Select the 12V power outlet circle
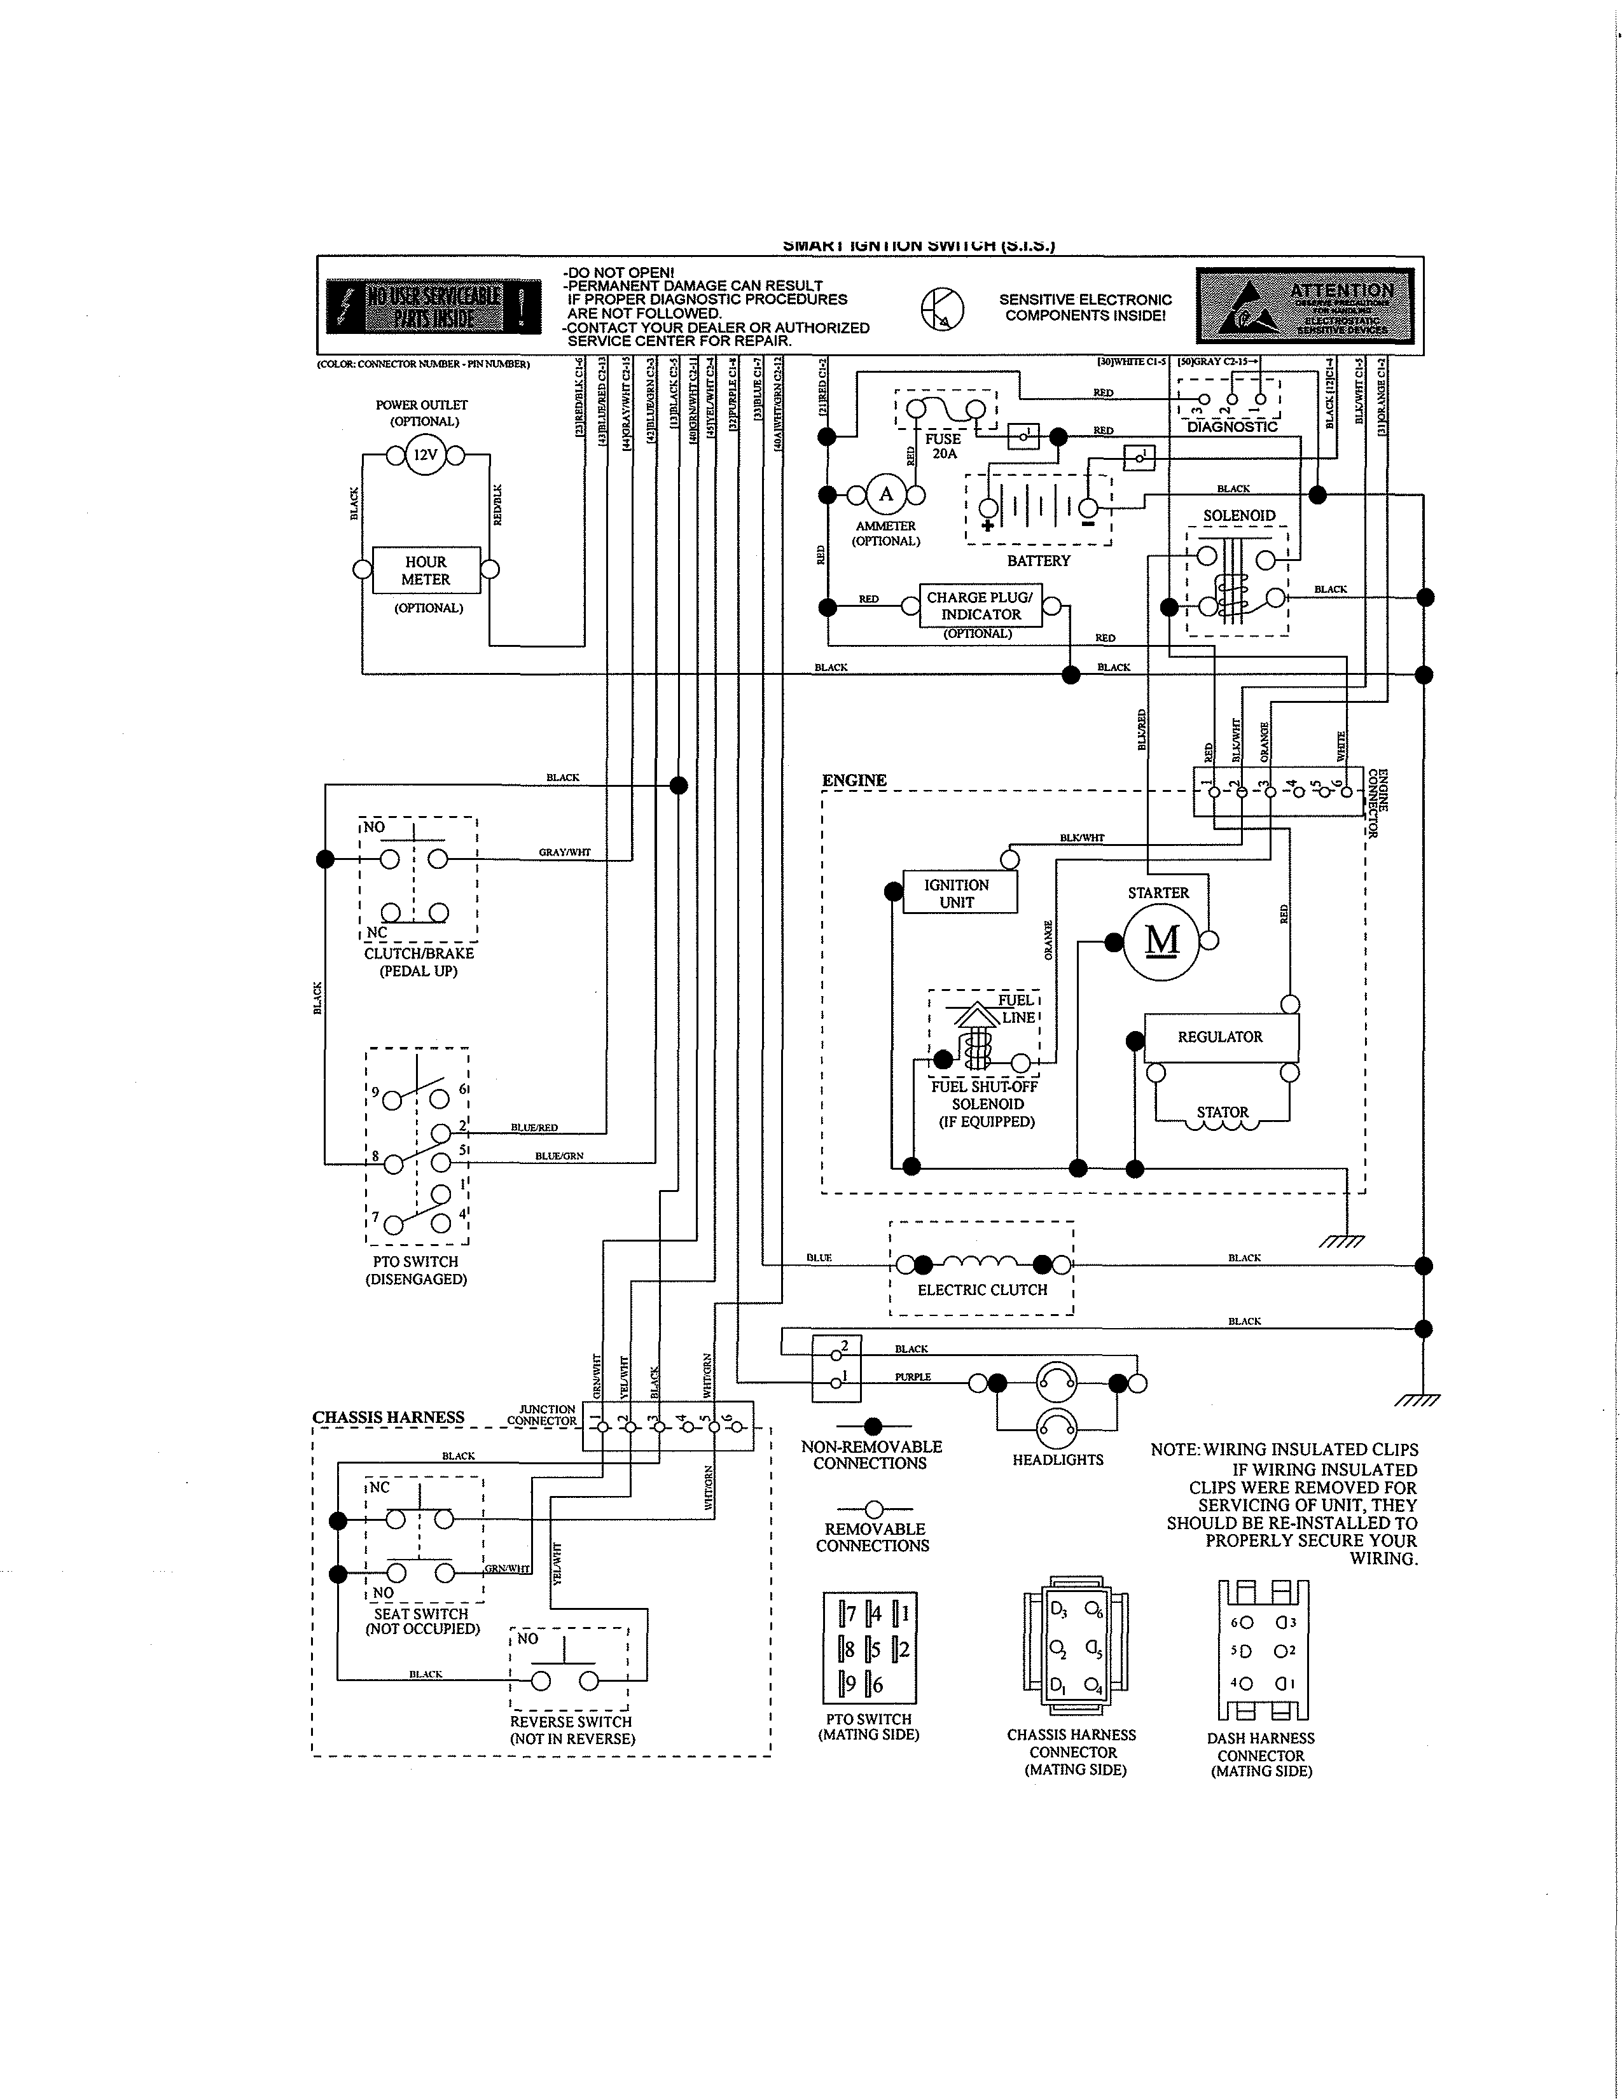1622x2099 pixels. (425, 455)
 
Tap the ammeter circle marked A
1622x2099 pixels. (886, 495)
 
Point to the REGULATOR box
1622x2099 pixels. (1221, 1037)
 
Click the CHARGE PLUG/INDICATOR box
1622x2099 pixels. (980, 606)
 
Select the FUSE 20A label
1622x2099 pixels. (943, 446)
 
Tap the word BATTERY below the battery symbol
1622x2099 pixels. (1038, 561)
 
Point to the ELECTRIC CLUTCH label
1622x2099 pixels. (982, 1290)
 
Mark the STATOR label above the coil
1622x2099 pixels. (1223, 1112)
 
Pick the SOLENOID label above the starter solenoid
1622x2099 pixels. (1238, 516)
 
